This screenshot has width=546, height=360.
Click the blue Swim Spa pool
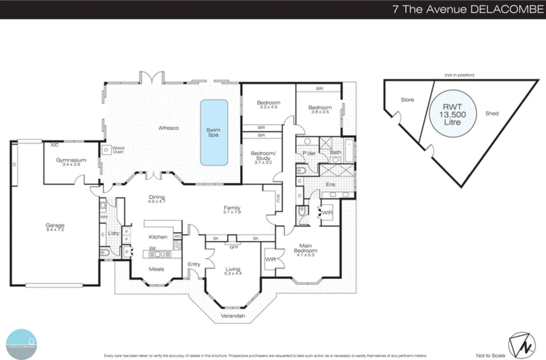coord(214,133)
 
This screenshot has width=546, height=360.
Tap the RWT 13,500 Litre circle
coord(452,114)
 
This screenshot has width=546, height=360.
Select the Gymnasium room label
coord(71,162)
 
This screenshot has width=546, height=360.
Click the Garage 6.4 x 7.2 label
coord(55,227)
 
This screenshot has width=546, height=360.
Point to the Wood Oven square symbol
coord(106,150)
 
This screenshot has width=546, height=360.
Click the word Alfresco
coord(169,128)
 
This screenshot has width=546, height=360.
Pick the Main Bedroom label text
coord(305,250)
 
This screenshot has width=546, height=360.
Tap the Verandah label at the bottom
coord(233,316)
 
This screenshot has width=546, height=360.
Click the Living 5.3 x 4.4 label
coord(233,271)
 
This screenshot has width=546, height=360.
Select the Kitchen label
coord(158,237)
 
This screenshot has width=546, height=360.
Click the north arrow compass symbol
coord(522,346)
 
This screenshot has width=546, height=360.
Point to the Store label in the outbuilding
coord(407,100)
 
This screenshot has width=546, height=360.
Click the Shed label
coord(492,113)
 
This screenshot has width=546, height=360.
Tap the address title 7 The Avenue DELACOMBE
coord(468,9)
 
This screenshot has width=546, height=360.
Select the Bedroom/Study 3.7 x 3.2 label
coord(263,157)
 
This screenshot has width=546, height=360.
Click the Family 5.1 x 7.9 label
coord(232,209)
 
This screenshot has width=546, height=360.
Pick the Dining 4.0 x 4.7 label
coord(157,199)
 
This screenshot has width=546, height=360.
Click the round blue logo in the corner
coord(21,344)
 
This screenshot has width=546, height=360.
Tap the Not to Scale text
coord(490,356)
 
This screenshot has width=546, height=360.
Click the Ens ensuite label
coord(330,184)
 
